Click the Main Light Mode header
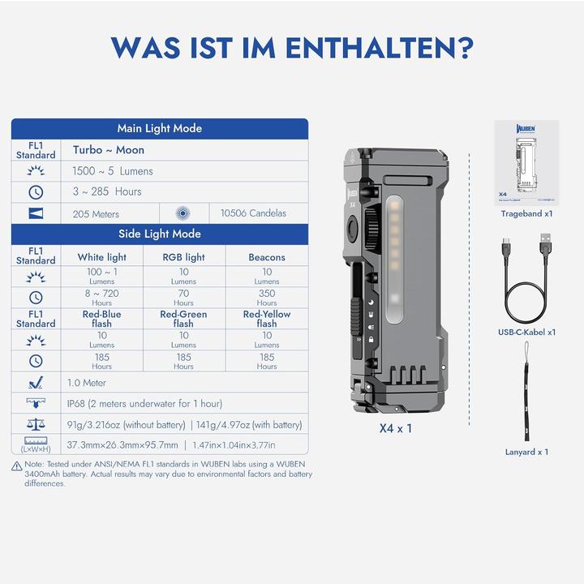(160, 128)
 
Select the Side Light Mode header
(160, 234)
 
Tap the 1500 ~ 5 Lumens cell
(113, 171)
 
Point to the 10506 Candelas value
(253, 214)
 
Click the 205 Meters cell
(96, 214)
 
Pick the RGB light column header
(184, 257)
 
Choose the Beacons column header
(267, 257)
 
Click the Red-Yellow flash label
(267, 318)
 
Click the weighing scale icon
(36, 424)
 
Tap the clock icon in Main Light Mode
(36, 192)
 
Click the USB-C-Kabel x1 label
(526, 332)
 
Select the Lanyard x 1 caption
(526, 452)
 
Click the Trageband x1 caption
(526, 213)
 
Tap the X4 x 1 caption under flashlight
(396, 427)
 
